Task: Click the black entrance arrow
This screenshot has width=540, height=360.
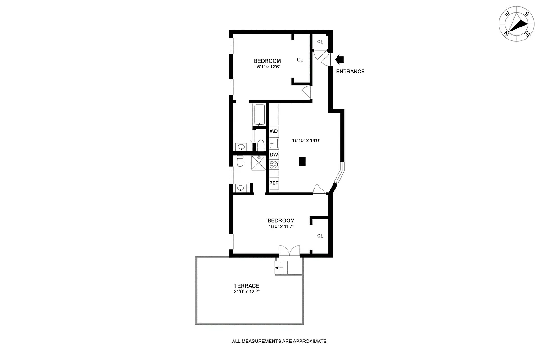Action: pyautogui.click(x=339, y=59)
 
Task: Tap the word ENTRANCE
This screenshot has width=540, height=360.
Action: pyautogui.click(x=350, y=72)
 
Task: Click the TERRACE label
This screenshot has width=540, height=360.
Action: pyautogui.click(x=246, y=286)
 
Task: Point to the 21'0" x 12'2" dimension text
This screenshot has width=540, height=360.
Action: pyautogui.click(x=246, y=292)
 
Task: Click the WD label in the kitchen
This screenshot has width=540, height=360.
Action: pyautogui.click(x=274, y=131)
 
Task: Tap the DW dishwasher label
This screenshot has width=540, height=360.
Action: pyautogui.click(x=274, y=154)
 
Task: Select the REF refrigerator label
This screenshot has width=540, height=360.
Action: pyautogui.click(x=274, y=183)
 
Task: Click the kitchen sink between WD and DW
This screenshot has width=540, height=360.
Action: pyautogui.click(x=274, y=143)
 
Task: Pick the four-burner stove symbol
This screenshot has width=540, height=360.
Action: pyautogui.click(x=274, y=165)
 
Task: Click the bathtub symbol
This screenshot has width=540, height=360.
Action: pyautogui.click(x=260, y=115)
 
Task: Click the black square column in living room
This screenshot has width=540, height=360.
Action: pyautogui.click(x=302, y=161)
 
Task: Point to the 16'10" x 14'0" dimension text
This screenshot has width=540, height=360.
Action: pyautogui.click(x=309, y=140)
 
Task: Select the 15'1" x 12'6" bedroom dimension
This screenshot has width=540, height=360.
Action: pyautogui.click(x=267, y=67)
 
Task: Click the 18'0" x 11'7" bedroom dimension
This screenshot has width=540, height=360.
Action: pyautogui.click(x=281, y=226)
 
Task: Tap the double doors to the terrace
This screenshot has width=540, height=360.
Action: pyautogui.click(x=289, y=250)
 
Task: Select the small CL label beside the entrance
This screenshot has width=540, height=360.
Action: pyautogui.click(x=320, y=42)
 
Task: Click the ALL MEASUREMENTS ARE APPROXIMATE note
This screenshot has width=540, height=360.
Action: pyautogui.click(x=279, y=341)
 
